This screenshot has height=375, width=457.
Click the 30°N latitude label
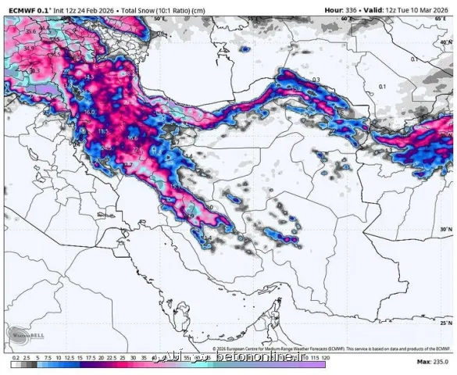(446, 229)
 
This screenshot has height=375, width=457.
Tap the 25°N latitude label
(446, 322)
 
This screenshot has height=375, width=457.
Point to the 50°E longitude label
(159, 17)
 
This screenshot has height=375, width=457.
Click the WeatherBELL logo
(23, 334)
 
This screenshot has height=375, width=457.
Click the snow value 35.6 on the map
(30, 31)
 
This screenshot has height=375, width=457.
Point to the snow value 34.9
(29, 48)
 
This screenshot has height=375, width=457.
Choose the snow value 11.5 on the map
(102, 130)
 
